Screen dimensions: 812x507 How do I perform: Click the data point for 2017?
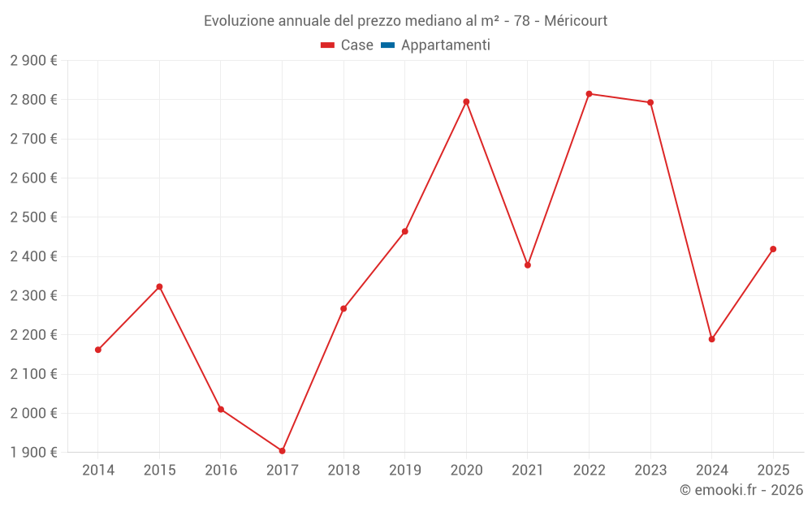[x=283, y=451]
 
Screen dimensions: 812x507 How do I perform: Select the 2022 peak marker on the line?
[x=590, y=94]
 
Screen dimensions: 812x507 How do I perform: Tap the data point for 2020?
[x=466, y=102]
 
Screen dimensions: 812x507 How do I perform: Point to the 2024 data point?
[x=712, y=339]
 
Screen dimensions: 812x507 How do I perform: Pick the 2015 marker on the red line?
[x=159, y=287]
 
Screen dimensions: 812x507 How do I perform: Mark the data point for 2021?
[x=528, y=265]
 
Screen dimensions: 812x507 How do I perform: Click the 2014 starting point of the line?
[x=98, y=350]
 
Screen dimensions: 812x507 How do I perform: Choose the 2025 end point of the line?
[x=773, y=249]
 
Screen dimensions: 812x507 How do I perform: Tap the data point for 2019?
[x=405, y=232]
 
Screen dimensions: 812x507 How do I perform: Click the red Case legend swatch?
[x=328, y=45]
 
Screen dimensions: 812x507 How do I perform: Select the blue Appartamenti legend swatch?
[x=388, y=45]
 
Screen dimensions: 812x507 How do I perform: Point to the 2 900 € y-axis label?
[x=33, y=61]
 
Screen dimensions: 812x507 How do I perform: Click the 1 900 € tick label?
[x=33, y=452]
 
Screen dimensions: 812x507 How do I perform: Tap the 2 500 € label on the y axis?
[x=33, y=217]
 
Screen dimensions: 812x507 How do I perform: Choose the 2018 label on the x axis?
[x=343, y=470]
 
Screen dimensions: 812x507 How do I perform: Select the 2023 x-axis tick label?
[x=651, y=470]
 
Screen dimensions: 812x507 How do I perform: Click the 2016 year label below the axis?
[x=221, y=470]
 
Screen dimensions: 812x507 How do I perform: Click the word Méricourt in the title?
[x=576, y=21]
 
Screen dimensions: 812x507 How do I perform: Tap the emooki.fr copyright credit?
[x=741, y=490]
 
